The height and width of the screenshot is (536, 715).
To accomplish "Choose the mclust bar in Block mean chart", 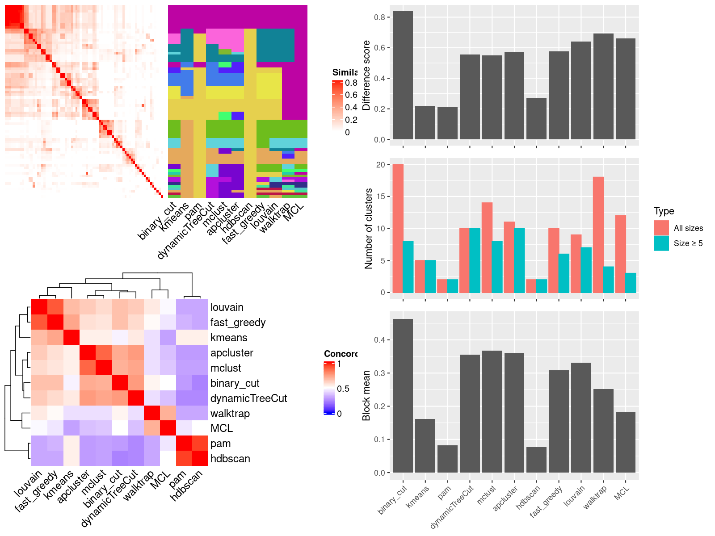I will [492, 411].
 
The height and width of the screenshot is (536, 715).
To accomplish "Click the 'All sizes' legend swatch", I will [661, 228].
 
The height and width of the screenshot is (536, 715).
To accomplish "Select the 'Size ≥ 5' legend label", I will [688, 243].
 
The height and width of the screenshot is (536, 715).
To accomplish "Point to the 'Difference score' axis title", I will [367, 75].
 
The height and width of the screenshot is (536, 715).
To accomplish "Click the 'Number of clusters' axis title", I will [369, 228].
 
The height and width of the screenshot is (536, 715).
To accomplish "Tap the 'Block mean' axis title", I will [367, 395].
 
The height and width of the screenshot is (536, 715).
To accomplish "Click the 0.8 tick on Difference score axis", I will [379, 17].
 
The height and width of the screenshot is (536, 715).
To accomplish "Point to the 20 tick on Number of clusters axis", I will [380, 165].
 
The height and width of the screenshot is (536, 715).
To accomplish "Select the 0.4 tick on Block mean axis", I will [379, 340].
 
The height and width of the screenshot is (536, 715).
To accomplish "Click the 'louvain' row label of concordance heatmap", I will [227, 307].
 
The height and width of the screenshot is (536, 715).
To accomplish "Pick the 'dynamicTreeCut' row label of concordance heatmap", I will [248, 398].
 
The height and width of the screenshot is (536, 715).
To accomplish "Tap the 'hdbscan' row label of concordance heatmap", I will [230, 459].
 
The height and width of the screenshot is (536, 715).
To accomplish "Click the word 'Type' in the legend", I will [664, 211].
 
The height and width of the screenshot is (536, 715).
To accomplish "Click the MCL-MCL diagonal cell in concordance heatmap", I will [168, 428].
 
